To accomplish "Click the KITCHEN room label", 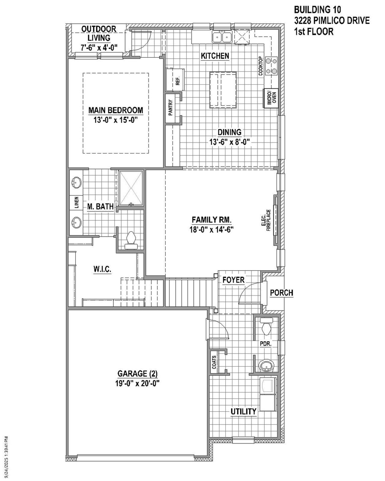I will click(215, 56).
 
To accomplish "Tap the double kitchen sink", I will click(222, 37).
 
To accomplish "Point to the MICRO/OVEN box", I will click(270, 98).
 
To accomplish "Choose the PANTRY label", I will click(171, 108).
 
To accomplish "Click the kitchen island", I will click(223, 90).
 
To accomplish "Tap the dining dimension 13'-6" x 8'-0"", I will click(230, 142).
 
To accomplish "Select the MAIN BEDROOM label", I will click(115, 110).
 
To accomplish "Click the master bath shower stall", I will click(131, 188).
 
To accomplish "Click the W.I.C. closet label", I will click(102, 269).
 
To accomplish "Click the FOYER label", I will click(233, 280).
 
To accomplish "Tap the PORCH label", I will click(282, 293).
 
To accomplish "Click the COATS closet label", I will click(214, 363).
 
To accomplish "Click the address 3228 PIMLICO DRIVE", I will click(332, 21).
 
